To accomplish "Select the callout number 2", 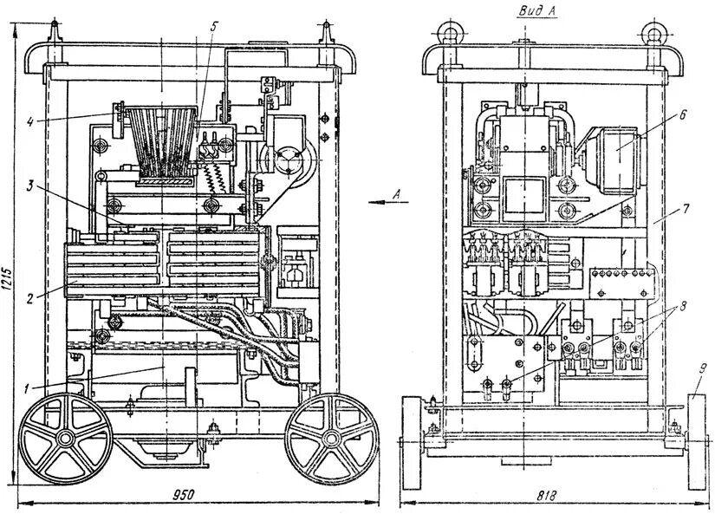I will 30,298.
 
